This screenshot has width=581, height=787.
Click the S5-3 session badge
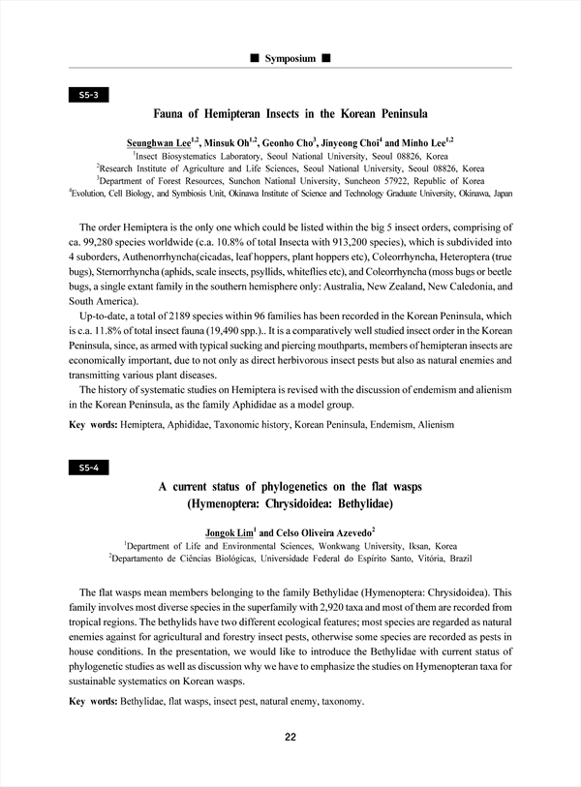click(x=88, y=95)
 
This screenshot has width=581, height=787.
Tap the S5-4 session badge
click(x=88, y=468)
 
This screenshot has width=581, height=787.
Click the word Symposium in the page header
click(x=290, y=59)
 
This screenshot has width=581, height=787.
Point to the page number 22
click(x=290, y=738)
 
